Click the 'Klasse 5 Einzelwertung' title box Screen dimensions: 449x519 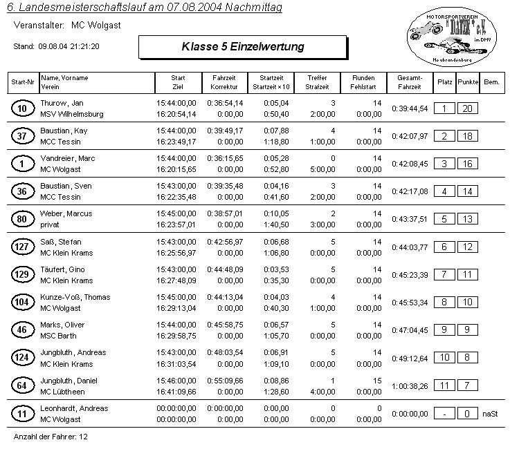click(242, 47)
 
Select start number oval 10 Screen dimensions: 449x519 click(23, 108)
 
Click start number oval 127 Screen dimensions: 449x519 click(23, 247)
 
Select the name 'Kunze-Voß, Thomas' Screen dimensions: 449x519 click(75, 297)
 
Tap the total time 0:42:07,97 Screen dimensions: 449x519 click(410, 136)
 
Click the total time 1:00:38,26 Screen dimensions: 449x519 click(410, 386)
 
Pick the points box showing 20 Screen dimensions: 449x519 click(468, 108)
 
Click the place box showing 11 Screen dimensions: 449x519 click(445, 386)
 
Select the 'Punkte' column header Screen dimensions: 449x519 click(468, 82)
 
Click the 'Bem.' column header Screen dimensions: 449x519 click(492, 82)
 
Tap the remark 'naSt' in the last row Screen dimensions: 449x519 click(491, 414)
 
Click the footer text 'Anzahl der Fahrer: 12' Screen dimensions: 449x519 click(51, 437)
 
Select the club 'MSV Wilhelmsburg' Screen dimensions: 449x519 click(71, 114)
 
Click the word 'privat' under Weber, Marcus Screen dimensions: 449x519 click(51, 224)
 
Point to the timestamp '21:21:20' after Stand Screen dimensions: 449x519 click(84, 47)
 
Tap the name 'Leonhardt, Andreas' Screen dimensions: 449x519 click(74, 408)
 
